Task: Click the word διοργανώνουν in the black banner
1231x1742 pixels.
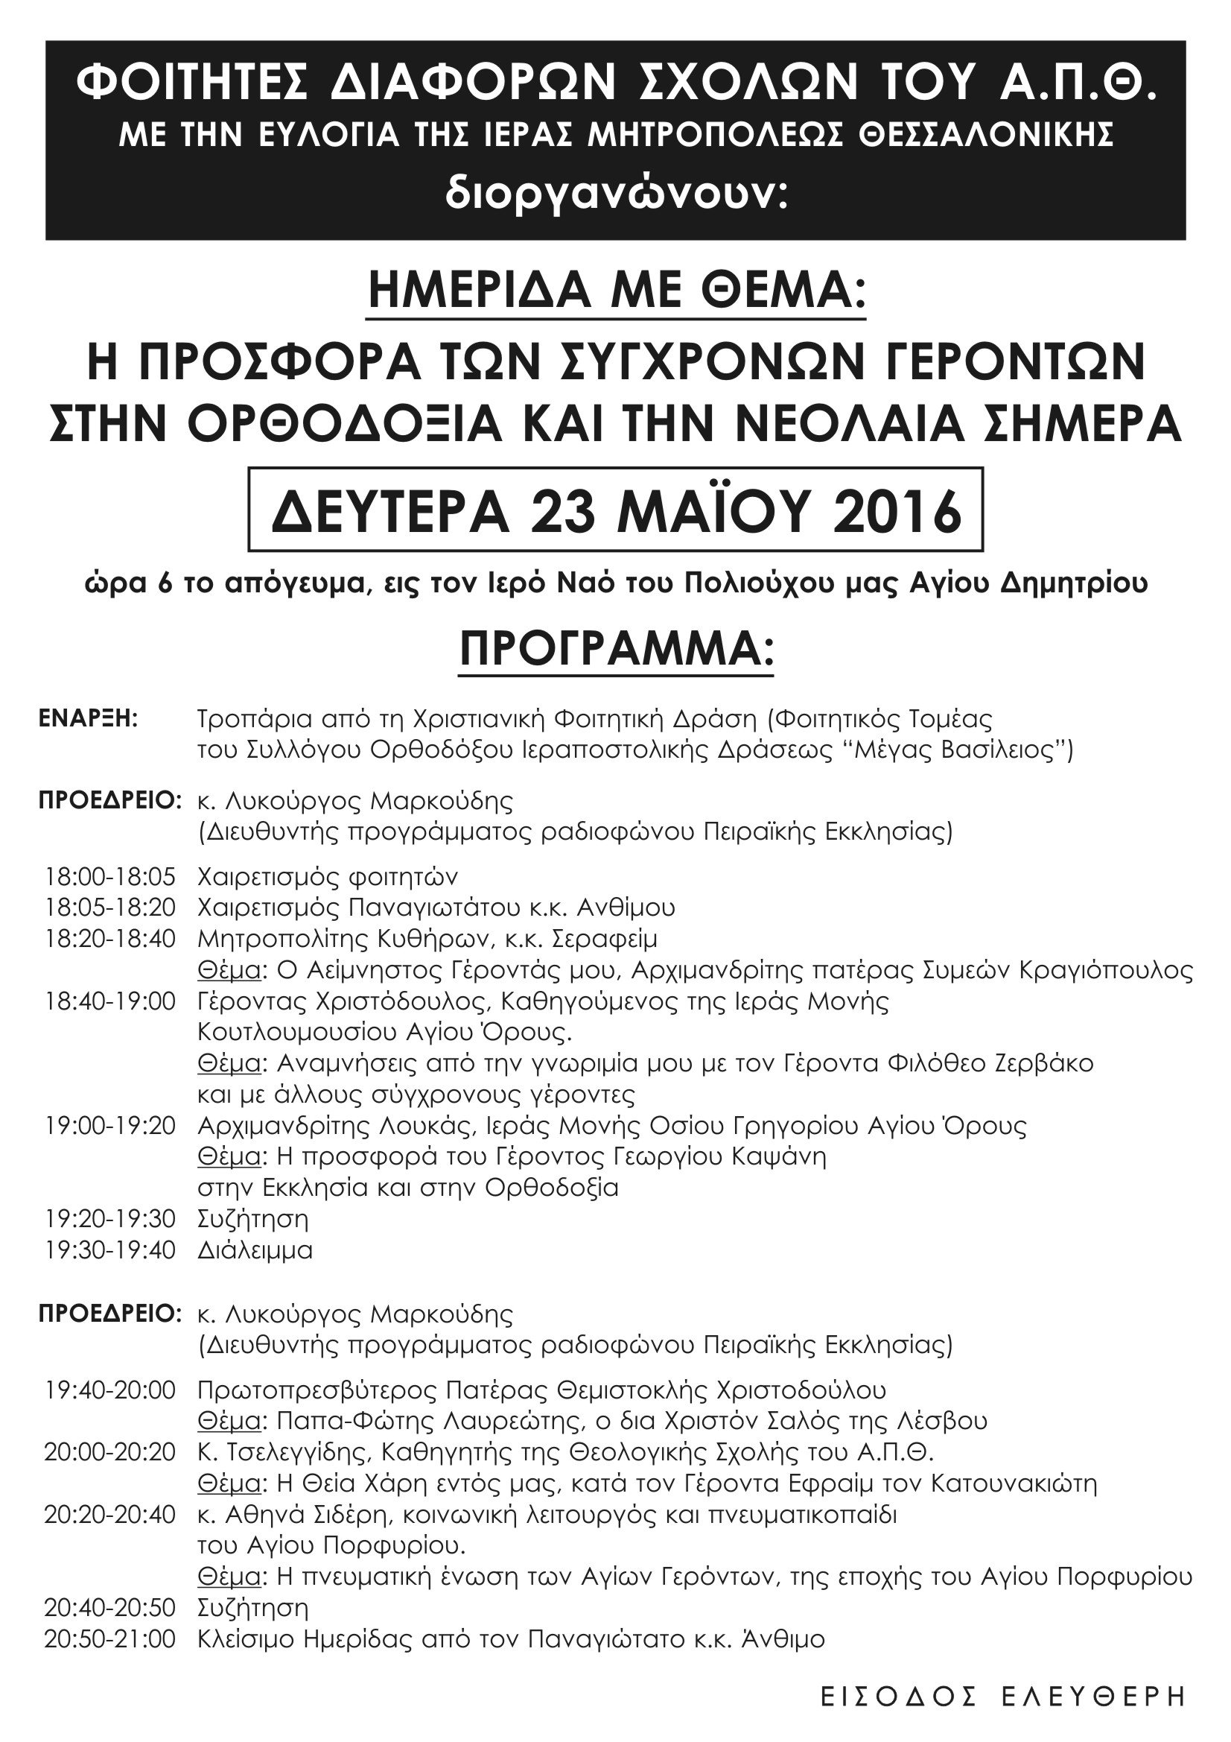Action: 616,195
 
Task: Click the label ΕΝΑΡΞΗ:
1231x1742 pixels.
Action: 89,718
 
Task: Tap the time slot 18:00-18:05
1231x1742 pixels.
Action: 110,876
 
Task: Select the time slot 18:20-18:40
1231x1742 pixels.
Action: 110,939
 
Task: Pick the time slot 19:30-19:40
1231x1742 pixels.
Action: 110,1250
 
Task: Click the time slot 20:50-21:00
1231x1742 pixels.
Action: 110,1639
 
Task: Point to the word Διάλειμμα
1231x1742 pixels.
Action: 255,1250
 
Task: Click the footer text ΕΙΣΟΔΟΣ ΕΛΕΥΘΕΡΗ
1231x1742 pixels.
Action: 1002,1696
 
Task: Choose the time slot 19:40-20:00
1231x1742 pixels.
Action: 110,1390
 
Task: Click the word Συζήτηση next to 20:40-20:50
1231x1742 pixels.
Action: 252,1608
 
